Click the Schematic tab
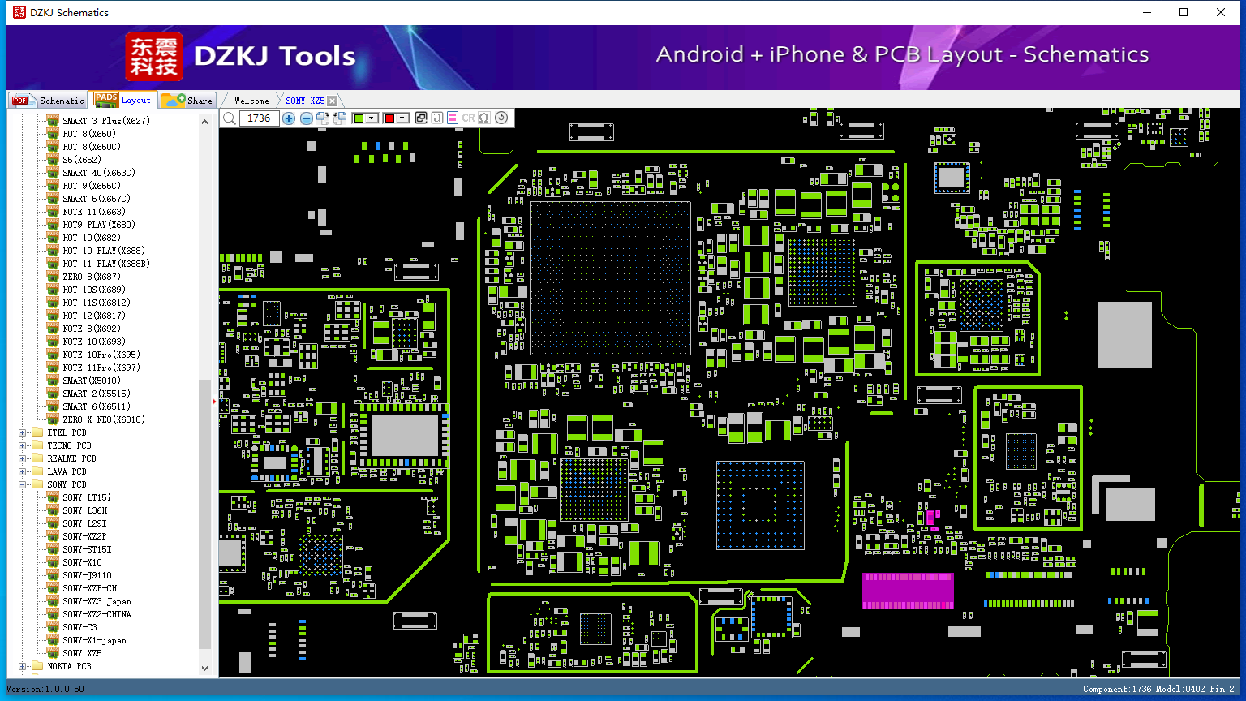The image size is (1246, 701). (49, 100)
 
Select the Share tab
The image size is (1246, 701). (187, 100)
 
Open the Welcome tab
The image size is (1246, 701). (251, 101)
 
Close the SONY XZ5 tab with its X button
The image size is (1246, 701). (332, 101)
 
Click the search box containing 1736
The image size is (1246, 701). (259, 118)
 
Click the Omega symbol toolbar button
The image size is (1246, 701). (484, 118)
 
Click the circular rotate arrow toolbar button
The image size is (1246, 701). (501, 118)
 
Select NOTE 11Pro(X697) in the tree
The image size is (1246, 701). (101, 368)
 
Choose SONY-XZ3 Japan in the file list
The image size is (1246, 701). (97, 601)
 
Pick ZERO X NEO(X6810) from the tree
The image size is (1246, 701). (104, 419)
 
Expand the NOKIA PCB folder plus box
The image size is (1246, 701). (22, 666)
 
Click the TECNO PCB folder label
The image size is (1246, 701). (69, 445)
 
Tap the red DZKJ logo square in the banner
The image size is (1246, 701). (153, 57)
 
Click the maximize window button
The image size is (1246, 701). (1184, 12)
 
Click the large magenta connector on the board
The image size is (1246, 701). (908, 591)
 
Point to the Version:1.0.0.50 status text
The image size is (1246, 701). (45, 689)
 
